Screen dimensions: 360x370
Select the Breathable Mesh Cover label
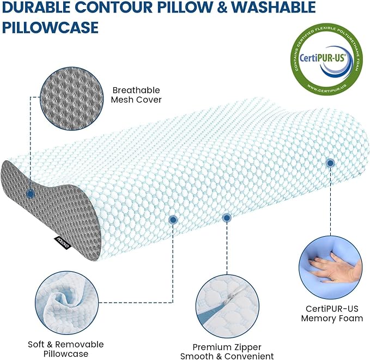point(136,95)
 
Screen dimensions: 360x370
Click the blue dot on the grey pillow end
point(30,193)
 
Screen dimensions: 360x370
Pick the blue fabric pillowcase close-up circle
point(65,302)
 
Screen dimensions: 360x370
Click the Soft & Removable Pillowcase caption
point(65,350)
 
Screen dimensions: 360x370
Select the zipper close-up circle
point(228,302)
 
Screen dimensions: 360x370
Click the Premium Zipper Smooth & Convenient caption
point(228,352)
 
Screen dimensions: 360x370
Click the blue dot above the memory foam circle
point(330,163)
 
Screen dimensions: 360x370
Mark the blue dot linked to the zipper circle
point(227,218)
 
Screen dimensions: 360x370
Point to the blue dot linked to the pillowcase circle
point(173,220)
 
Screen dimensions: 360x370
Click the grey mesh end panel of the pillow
point(38,207)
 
